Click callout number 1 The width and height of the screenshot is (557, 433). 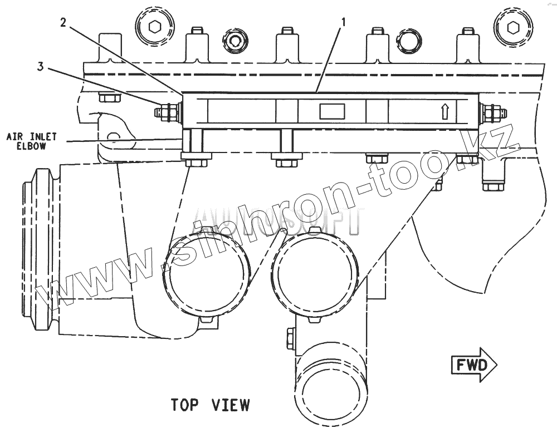tap(344, 22)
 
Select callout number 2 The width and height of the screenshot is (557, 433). tap(63, 22)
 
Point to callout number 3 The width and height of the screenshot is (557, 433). tap(40, 67)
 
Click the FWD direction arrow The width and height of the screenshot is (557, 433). tap(473, 365)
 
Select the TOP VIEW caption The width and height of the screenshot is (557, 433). tap(210, 405)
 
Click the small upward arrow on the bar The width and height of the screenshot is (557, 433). tap(444, 112)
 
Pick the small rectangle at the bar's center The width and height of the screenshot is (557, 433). tap(332, 111)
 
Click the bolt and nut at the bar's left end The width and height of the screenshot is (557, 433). tap(167, 112)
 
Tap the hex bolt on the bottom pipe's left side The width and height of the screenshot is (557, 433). tap(290, 338)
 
